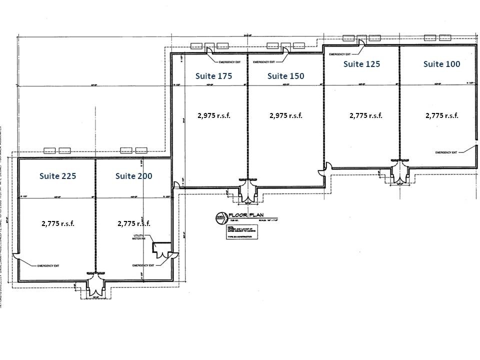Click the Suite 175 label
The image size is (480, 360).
coord(214,76)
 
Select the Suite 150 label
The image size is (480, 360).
coord(285,76)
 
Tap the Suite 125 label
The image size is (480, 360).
coord(361,64)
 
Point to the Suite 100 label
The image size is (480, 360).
coord(441,64)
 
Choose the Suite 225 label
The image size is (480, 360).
coord(57,176)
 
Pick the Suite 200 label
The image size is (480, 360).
coord(133,176)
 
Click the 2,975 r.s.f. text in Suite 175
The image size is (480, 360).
coord(214,115)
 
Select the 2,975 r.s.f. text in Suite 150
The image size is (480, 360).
coord(285,115)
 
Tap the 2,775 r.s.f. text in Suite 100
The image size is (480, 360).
coord(441,115)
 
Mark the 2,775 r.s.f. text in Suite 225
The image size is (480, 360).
coord(57,223)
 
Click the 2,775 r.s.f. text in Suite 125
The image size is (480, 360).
coord(365,115)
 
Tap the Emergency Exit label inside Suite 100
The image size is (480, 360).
coord(446,152)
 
